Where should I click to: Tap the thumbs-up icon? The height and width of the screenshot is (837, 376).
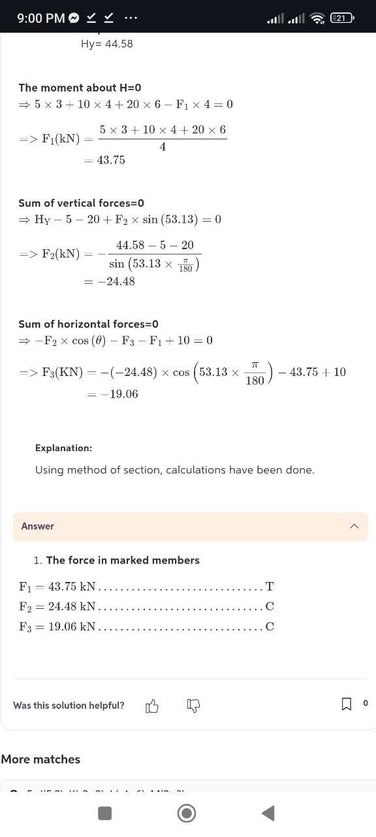pos(152,706)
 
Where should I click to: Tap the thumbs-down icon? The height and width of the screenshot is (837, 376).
pos(193,706)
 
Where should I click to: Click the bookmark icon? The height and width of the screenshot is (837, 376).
pos(346,704)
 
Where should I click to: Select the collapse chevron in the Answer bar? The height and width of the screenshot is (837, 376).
pos(354,526)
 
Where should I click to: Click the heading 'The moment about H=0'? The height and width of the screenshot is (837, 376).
pos(80,88)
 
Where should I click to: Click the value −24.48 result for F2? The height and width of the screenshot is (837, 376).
pos(117,282)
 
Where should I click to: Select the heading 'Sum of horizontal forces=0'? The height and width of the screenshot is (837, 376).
pos(88,324)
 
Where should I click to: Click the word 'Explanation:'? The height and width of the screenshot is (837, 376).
pos(63,449)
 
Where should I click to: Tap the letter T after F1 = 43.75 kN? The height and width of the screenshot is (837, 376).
pos(270,587)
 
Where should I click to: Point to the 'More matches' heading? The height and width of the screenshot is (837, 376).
pos(40,759)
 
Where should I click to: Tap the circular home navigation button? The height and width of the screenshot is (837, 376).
pos(187,813)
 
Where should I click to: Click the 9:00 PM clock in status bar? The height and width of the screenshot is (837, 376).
pos(40,18)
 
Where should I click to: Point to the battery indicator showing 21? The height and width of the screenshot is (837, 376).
pos(341,18)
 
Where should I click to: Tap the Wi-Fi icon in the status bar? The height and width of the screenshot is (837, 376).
pos(317,18)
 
